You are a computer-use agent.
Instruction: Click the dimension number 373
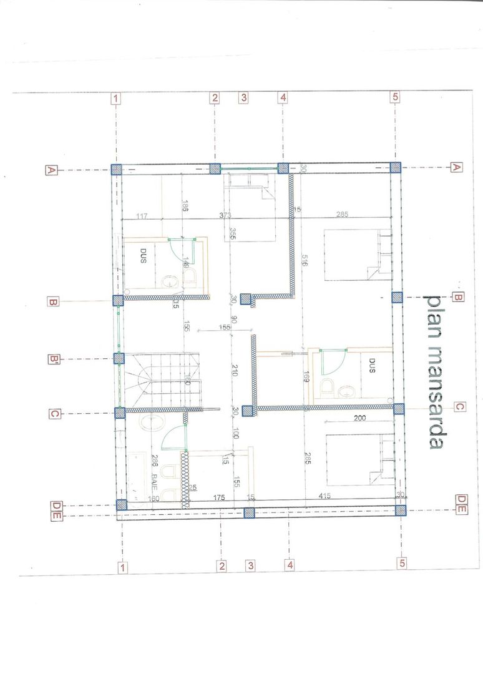(x=225, y=216)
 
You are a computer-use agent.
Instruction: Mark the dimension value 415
(x=323, y=496)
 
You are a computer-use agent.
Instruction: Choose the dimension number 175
(x=219, y=497)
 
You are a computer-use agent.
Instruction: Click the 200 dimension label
(x=359, y=419)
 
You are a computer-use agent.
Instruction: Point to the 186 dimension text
(x=185, y=207)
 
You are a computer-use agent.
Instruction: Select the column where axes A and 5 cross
(x=396, y=167)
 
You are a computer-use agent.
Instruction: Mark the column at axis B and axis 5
(x=397, y=297)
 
